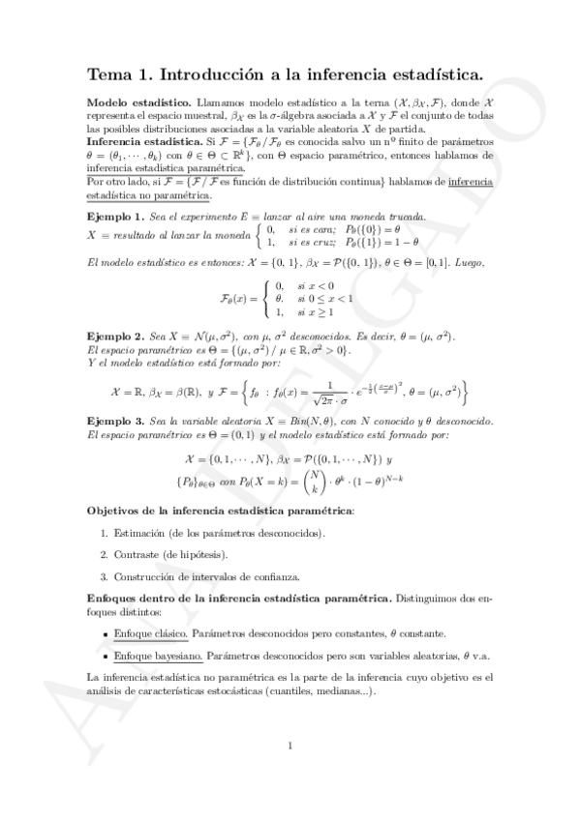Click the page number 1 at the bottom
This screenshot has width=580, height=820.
[x=290, y=745]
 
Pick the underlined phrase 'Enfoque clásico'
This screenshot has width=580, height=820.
[x=147, y=633]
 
